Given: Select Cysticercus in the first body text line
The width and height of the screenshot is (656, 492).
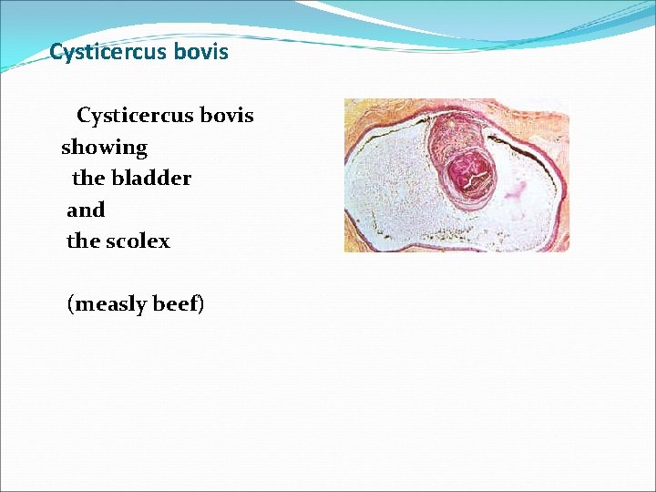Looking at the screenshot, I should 135,116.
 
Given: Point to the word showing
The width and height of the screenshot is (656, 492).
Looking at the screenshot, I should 104,148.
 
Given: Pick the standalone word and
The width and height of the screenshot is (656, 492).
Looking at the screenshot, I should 86,210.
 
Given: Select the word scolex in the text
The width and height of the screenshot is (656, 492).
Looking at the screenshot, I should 138,241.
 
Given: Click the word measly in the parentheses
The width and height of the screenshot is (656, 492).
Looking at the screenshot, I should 110,304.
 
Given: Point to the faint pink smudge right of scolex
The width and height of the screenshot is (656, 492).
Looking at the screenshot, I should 516,190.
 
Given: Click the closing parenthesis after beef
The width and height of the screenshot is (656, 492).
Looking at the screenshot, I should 201,304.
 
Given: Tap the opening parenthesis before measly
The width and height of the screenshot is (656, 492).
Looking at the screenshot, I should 71,304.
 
